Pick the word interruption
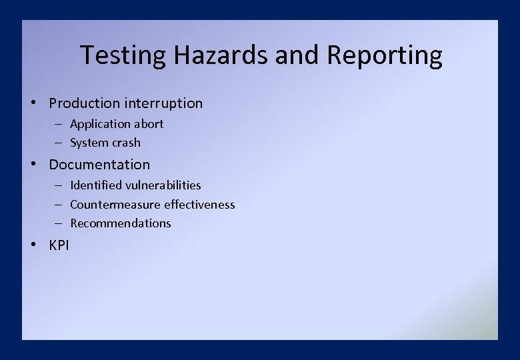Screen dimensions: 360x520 click(163, 103)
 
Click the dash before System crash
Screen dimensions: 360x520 click(59, 143)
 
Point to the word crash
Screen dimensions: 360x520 click(126, 143)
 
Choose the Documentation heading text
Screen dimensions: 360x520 click(99, 165)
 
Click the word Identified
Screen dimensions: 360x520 click(96, 185)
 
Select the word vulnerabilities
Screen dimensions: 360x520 click(163, 185)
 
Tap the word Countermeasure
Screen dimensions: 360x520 click(115, 205)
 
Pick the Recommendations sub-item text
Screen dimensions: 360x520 click(121, 223)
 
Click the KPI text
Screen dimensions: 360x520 click(59, 245)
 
